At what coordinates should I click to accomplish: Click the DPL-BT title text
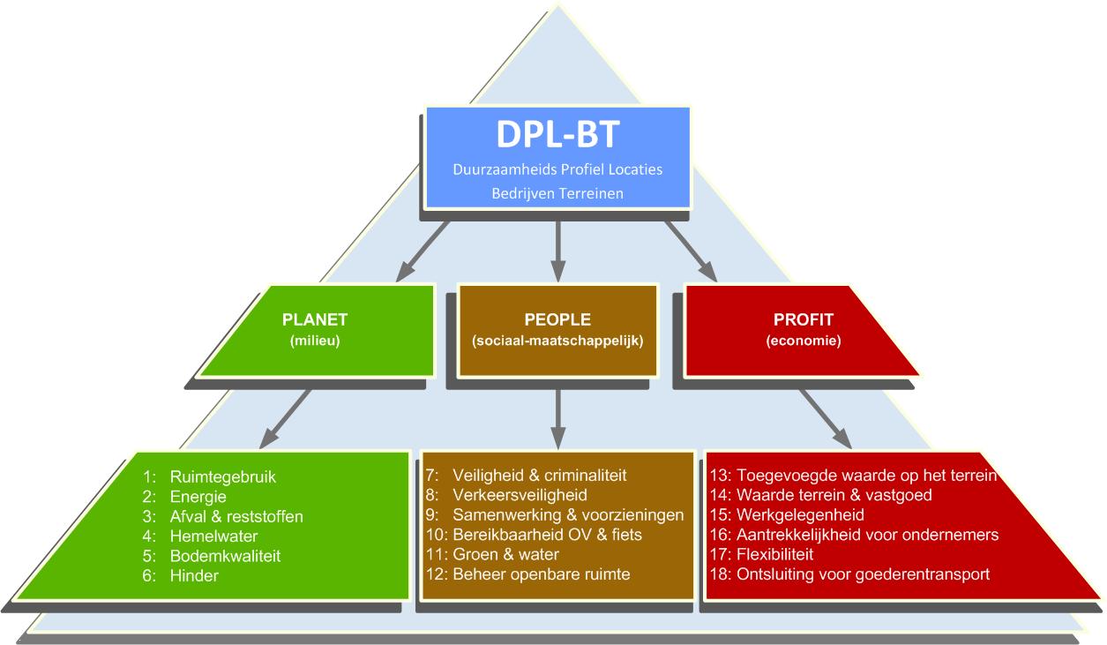(557, 134)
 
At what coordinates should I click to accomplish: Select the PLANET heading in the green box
(316, 320)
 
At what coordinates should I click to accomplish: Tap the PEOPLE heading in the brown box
(557, 320)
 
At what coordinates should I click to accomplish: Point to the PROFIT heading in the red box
(803, 320)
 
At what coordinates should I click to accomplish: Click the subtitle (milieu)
(316, 340)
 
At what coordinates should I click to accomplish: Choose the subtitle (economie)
(803, 340)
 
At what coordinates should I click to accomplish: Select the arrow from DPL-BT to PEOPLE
(557, 251)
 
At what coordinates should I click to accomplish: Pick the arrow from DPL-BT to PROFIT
(691, 251)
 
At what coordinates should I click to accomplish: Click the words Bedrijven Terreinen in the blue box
(557, 193)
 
